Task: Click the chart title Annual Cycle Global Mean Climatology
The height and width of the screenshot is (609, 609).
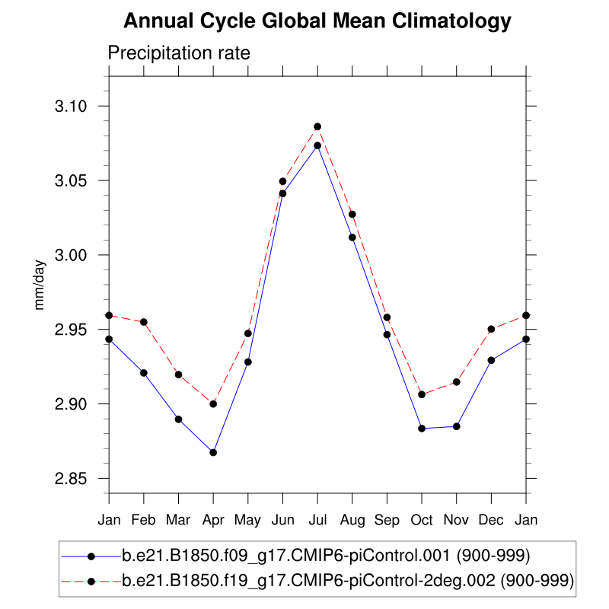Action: click(x=317, y=21)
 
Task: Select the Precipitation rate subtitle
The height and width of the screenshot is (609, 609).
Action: click(x=179, y=53)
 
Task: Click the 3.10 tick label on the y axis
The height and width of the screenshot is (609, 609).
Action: click(x=72, y=106)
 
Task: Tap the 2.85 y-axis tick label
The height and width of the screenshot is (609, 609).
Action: click(x=72, y=479)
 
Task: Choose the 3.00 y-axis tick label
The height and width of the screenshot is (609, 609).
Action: click(x=72, y=255)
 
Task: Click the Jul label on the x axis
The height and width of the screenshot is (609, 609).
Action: click(x=317, y=519)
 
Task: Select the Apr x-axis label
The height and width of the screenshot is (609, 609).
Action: click(x=213, y=519)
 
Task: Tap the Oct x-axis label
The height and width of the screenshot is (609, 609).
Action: click(x=422, y=519)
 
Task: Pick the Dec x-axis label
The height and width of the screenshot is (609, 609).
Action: click(x=491, y=519)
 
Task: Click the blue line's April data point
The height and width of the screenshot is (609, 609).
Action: click(x=213, y=452)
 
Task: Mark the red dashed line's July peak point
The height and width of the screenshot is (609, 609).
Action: click(x=317, y=126)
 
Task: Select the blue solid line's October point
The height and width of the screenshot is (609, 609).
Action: click(x=422, y=429)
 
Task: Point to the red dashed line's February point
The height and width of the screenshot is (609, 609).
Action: click(x=144, y=322)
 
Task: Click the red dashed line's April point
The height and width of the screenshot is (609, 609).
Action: click(x=213, y=403)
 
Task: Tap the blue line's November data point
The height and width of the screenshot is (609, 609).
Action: click(x=457, y=426)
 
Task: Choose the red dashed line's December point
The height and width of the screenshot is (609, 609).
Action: click(x=491, y=329)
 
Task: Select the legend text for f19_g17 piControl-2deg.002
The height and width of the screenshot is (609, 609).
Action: click(x=347, y=581)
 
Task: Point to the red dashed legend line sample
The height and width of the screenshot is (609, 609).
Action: click(x=91, y=581)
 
